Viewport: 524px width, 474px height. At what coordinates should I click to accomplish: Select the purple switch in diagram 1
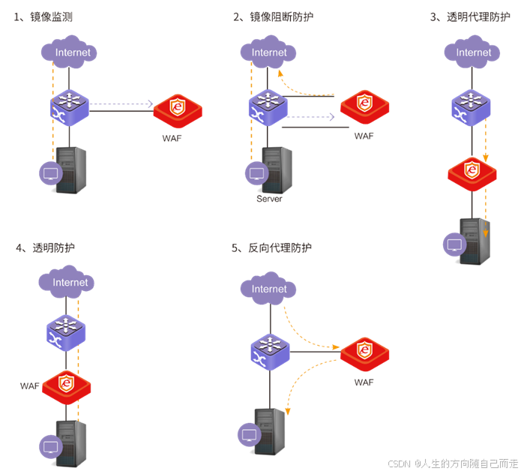[70, 106]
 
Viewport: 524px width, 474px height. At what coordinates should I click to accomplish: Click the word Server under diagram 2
[269, 199]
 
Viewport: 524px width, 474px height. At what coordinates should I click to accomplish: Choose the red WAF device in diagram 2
[364, 106]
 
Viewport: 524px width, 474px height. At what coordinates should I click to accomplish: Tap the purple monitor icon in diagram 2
[257, 174]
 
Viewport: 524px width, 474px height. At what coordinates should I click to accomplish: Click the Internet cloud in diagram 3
[474, 52]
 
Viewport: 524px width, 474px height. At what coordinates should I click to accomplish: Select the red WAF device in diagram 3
[472, 173]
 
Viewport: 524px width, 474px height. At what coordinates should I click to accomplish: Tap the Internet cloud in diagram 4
[70, 282]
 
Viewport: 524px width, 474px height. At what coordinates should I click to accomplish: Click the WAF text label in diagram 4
[30, 385]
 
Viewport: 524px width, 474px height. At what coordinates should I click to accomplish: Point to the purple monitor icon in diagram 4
[51, 447]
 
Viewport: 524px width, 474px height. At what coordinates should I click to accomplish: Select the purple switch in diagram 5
[269, 352]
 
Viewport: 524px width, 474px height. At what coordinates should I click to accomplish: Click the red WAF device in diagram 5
[364, 352]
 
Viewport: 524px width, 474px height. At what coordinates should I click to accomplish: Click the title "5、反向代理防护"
[271, 247]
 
